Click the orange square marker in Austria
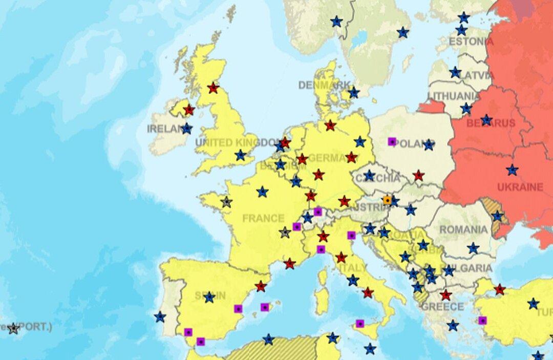(x=388, y=200)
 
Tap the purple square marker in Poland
(x=392, y=141)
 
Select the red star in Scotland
(x=213, y=88)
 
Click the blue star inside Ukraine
(x=512, y=170)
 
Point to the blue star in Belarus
(x=486, y=120)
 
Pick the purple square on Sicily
(x=360, y=324)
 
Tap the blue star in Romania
(x=473, y=248)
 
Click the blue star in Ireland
(x=187, y=129)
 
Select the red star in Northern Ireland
(x=189, y=110)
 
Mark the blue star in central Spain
(x=209, y=297)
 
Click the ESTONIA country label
(x=467, y=41)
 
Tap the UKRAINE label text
(x=520, y=187)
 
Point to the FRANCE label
(x=263, y=218)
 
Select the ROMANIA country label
(x=463, y=230)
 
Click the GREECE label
(x=442, y=307)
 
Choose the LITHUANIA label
(x=454, y=96)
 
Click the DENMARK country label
(x=325, y=85)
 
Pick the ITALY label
(x=353, y=268)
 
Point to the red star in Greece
(x=446, y=295)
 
